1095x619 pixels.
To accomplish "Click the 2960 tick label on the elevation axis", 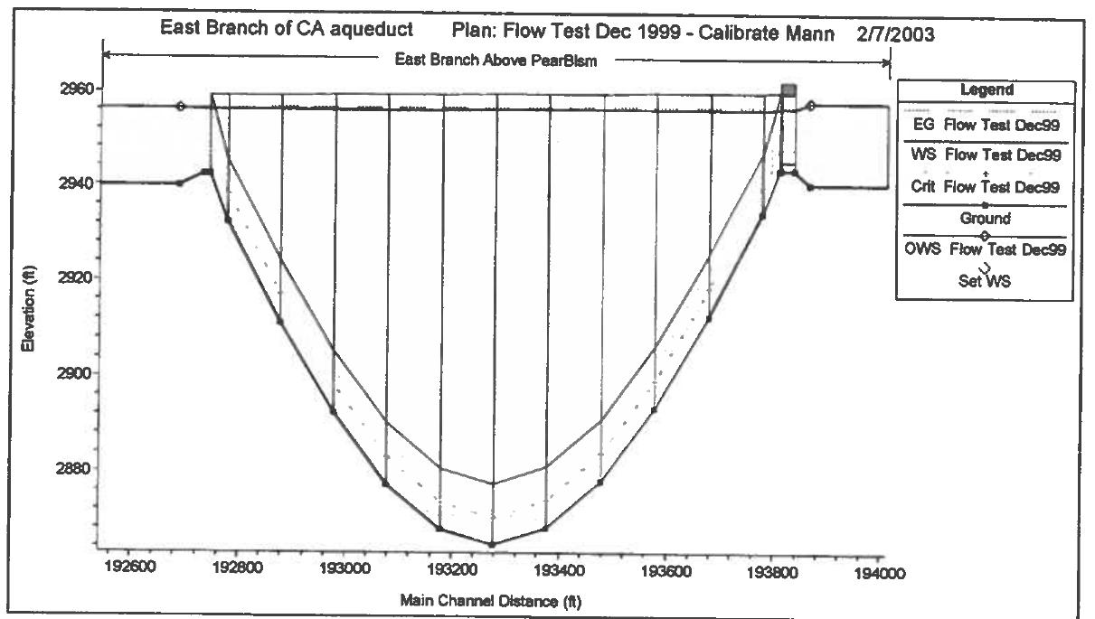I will pyautogui.click(x=65, y=89).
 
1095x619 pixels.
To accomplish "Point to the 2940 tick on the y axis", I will pyautogui.click(x=65, y=183).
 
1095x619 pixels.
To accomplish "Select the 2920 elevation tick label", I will pyautogui.click(x=65, y=277).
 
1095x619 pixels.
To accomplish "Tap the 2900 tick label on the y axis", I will pyautogui.click(x=65, y=372).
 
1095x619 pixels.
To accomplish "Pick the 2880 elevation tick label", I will pyautogui.click(x=65, y=468).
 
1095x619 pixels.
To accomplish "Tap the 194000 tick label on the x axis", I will pyautogui.click(x=876, y=572).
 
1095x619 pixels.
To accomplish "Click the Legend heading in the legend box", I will pyautogui.click(x=986, y=91).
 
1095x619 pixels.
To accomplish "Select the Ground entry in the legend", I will pyautogui.click(x=985, y=218).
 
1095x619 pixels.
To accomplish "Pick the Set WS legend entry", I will pyautogui.click(x=986, y=281).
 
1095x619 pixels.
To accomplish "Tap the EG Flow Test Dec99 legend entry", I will pyautogui.click(x=985, y=125).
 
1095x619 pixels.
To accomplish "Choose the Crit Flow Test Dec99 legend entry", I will pyautogui.click(x=985, y=187).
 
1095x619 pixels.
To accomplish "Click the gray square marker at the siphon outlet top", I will pyautogui.click(x=789, y=90).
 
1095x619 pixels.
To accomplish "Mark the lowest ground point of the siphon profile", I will pyautogui.click(x=492, y=545).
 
